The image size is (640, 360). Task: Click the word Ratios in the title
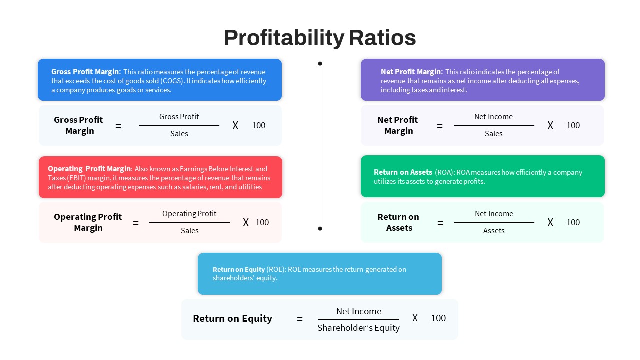(382, 38)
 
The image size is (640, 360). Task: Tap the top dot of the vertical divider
(320, 63)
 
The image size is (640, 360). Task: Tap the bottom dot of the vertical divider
(320, 228)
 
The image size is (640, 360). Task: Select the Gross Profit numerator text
(179, 117)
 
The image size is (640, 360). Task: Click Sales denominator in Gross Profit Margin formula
(179, 133)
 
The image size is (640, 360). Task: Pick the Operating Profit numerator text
(189, 214)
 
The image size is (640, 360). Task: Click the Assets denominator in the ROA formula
(494, 231)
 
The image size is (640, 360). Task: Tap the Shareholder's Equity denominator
(358, 328)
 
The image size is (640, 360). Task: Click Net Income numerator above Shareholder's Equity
(359, 311)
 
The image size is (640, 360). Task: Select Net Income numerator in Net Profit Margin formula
(493, 117)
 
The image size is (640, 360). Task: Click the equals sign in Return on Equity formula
(299, 319)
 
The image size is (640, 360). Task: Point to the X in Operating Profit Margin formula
(246, 222)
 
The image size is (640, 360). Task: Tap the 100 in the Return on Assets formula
(573, 222)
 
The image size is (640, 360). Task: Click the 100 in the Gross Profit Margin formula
(259, 125)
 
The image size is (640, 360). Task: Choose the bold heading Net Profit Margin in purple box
(411, 71)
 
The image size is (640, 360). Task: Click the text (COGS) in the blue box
(172, 81)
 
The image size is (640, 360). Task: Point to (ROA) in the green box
(444, 172)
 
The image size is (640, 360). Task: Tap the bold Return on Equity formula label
(232, 318)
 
